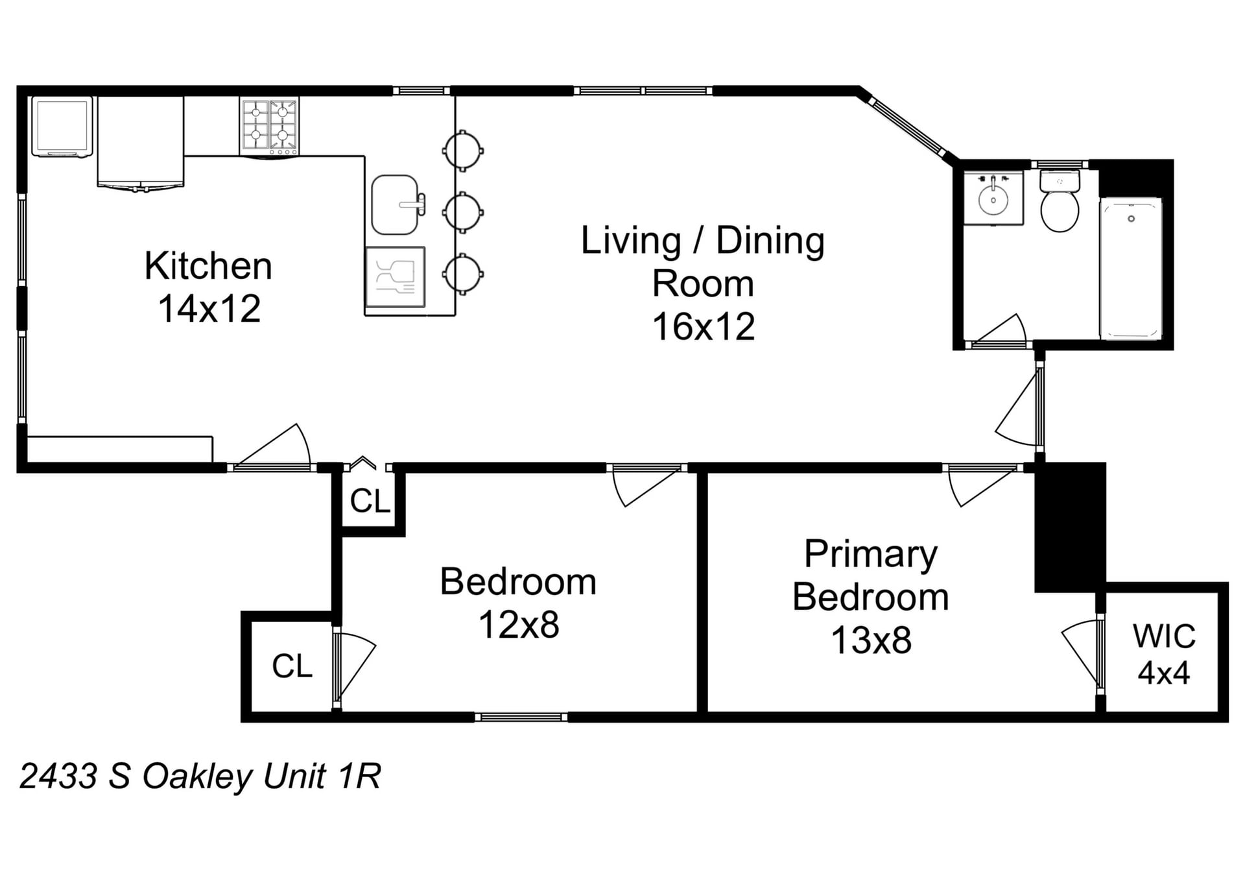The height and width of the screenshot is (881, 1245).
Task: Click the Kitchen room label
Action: (x=208, y=266)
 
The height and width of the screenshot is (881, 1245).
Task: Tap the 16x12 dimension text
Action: (x=704, y=326)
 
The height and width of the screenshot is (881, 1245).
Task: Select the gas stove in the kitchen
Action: (x=270, y=127)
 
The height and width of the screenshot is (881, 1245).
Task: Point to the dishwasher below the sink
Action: (x=396, y=277)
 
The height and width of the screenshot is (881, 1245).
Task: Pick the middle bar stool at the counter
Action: (x=462, y=211)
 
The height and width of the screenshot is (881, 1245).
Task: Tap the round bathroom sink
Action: (x=993, y=199)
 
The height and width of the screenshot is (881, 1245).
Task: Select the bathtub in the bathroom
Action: (x=1131, y=269)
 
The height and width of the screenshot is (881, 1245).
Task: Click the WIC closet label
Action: (x=1164, y=636)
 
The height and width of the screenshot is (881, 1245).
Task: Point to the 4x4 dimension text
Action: (x=1164, y=673)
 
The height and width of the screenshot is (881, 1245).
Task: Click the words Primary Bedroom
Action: (x=871, y=575)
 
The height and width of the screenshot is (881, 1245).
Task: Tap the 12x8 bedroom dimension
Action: (x=519, y=625)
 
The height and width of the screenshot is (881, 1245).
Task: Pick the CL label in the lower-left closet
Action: (x=292, y=666)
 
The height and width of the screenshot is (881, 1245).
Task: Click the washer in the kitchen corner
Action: (x=62, y=127)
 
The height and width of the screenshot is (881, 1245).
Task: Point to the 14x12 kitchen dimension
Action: (x=209, y=309)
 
